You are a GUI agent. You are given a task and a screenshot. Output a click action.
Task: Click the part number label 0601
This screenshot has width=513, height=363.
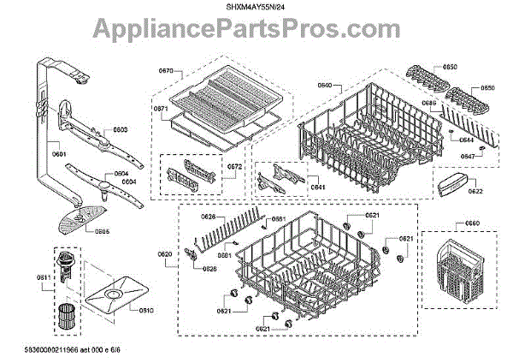(59, 154)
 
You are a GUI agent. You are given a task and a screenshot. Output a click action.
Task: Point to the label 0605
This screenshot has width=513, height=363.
(102, 230)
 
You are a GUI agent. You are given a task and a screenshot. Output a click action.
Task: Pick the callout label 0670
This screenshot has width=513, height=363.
(166, 71)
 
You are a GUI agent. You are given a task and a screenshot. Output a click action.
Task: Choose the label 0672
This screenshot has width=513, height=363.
(210, 164)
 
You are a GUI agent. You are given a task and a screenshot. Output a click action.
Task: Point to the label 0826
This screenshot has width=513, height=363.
(209, 269)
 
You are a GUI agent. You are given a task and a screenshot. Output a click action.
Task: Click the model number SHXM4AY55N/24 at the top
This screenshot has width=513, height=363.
(256, 7)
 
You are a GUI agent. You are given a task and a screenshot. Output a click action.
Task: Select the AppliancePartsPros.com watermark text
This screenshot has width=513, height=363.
(256, 33)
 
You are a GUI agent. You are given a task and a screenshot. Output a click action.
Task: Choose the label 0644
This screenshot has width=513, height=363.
(467, 140)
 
